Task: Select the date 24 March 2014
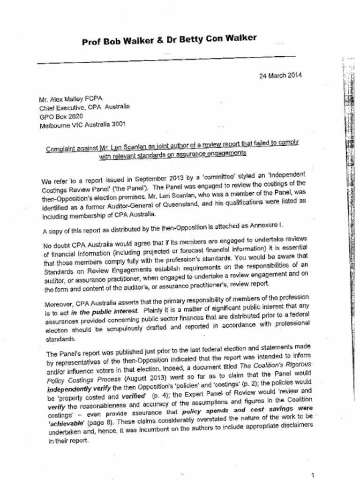point(280,75)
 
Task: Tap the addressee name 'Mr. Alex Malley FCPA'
point(70,99)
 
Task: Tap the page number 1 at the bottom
point(318,474)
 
